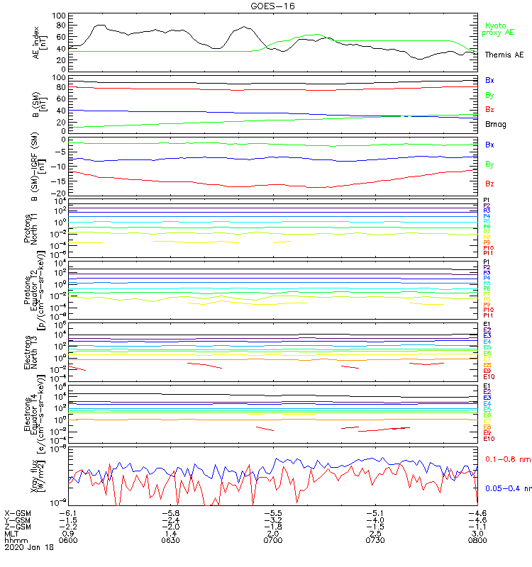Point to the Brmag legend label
(496, 124)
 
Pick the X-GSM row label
(17, 512)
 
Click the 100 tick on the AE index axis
(60, 16)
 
